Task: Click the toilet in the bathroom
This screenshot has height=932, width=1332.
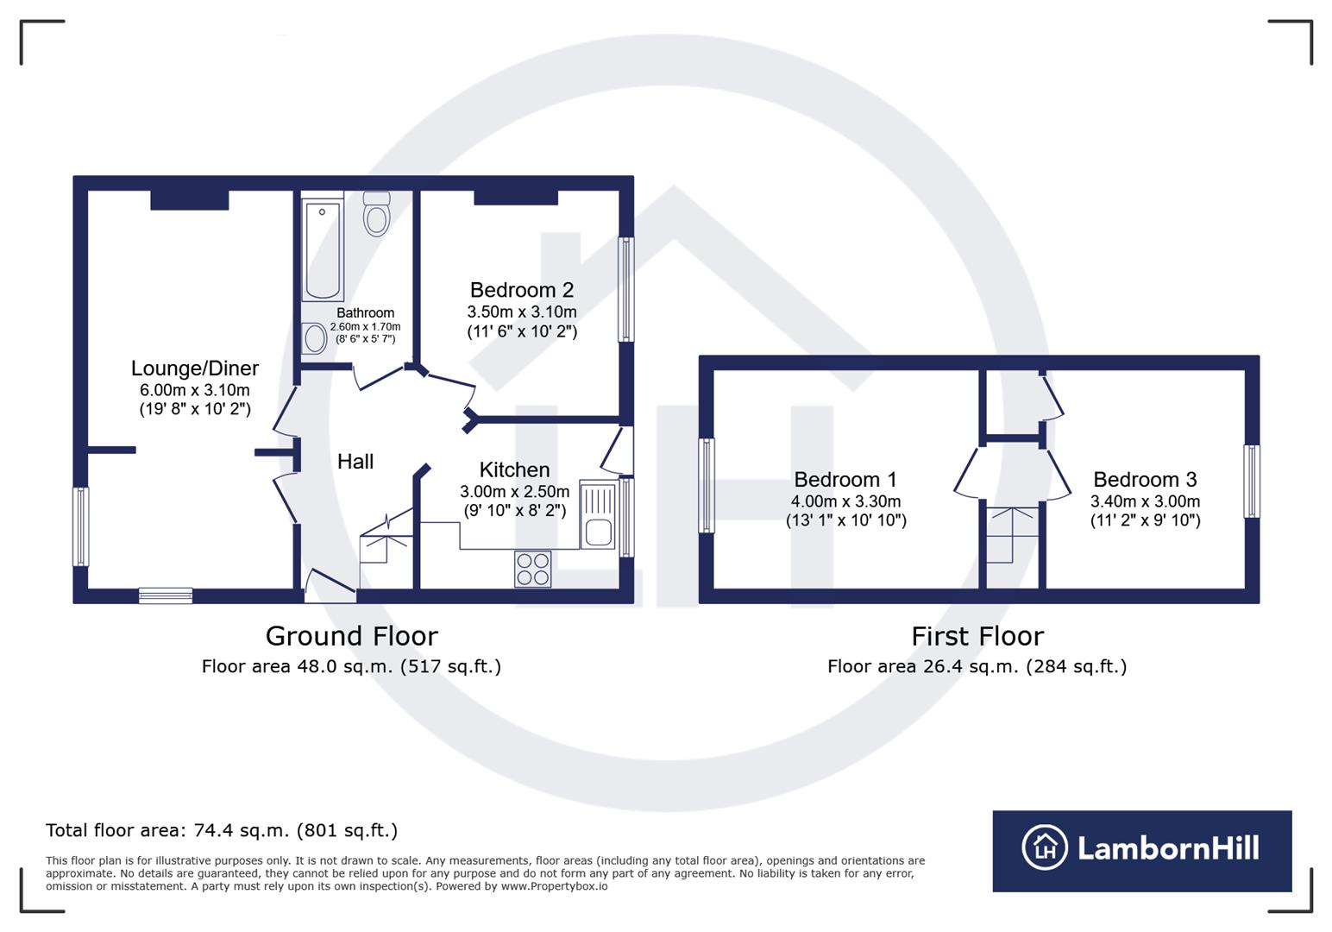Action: click(376, 213)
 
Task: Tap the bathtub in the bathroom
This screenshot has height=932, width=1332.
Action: click(323, 249)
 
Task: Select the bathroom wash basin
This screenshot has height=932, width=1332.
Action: click(314, 338)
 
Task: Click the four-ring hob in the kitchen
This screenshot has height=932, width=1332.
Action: click(532, 569)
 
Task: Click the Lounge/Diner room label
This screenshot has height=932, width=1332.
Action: click(195, 368)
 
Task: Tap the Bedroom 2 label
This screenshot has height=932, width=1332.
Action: click(521, 290)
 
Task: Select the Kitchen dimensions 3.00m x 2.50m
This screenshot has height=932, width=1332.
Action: click(514, 492)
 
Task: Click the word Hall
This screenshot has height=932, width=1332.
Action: click(355, 462)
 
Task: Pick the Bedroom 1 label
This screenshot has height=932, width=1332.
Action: click(845, 480)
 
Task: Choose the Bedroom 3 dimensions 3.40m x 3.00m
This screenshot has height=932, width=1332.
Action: click(1145, 501)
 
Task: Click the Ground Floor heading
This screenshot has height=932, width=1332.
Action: click(351, 636)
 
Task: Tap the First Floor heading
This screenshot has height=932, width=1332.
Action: click(977, 636)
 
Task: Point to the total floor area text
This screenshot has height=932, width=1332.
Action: click(222, 830)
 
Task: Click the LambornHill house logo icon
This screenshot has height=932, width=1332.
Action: click(1045, 847)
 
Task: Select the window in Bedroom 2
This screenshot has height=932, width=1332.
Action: click(626, 289)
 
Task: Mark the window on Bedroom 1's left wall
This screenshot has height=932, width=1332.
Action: click(707, 485)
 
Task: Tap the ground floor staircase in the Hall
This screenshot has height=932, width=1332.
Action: click(386, 544)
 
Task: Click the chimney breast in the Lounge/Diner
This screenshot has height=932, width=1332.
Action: click(190, 199)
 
